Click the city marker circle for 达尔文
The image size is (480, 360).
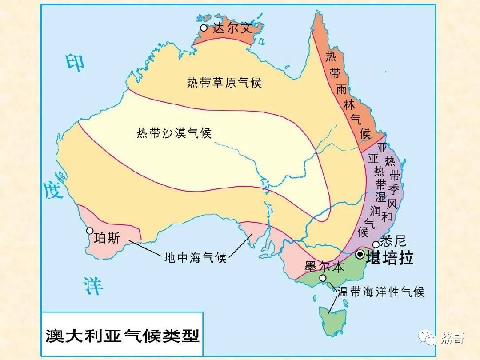tap(204, 28)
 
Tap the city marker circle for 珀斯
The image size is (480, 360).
tap(90, 231)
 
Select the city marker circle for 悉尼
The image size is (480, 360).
tap(376, 244)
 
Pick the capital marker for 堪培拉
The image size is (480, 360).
tap(360, 254)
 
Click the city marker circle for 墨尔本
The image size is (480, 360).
tap(323, 278)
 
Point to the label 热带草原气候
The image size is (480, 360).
tap(224, 83)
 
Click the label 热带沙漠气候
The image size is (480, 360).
tap(174, 133)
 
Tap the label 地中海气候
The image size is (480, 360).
tap(196, 257)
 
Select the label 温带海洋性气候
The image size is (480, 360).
tap(381, 292)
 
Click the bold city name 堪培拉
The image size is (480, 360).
tap(389, 258)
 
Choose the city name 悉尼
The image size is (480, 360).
tap(394, 241)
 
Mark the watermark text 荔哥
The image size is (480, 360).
tap(452, 338)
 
